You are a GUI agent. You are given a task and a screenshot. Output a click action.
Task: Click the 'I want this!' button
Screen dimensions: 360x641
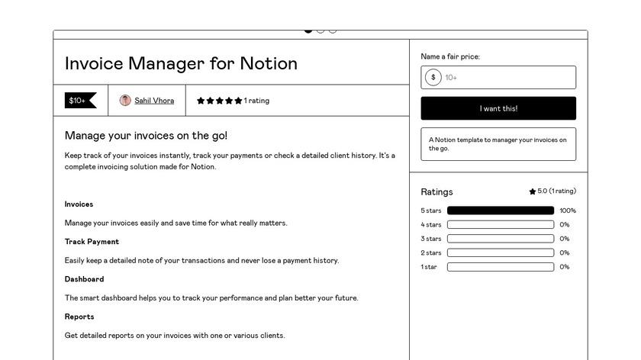pos(498,108)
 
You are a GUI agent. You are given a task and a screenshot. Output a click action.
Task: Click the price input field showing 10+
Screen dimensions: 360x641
pos(507,77)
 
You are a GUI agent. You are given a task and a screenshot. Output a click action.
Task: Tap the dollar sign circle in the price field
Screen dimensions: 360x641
pos(433,77)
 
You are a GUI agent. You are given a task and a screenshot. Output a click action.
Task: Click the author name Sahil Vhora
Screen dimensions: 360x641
pos(154,101)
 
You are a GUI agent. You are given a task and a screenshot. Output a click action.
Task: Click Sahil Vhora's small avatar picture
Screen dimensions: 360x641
pos(125,101)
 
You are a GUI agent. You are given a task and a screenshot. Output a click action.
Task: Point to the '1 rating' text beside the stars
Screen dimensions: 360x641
pos(256,101)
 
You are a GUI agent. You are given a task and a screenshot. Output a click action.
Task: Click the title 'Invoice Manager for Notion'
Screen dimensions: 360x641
pos(181,63)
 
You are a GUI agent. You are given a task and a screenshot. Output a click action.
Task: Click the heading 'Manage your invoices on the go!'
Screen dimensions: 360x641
pos(146,136)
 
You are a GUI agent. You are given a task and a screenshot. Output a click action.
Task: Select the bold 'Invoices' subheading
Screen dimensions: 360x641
pos(79,204)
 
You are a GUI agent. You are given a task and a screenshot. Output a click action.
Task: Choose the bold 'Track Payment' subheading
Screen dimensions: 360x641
pos(92,242)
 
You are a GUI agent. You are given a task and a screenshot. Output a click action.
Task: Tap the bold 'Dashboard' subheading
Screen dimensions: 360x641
pos(84,279)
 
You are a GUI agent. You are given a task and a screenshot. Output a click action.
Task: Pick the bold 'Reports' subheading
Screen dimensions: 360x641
pos(79,317)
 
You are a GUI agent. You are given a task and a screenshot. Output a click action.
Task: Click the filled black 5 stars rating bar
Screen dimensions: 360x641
pos(500,211)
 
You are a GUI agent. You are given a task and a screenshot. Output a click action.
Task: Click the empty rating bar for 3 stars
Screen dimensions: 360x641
pos(500,239)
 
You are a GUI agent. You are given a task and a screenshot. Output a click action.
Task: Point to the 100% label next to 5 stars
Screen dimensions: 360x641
pos(568,211)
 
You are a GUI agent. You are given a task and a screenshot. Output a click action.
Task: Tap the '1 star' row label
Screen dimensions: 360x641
pos(429,267)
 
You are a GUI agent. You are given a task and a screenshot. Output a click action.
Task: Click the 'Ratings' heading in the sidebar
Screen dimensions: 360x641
pos(436,192)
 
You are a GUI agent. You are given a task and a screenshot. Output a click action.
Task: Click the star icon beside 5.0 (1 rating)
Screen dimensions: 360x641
pos(533,192)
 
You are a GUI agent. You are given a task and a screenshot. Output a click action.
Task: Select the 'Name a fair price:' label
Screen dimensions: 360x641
pos(450,56)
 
